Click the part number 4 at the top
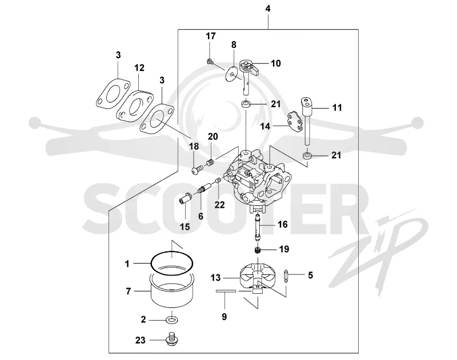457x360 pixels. pyautogui.click(x=268, y=9)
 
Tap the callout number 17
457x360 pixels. pyautogui.click(x=211, y=36)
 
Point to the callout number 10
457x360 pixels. pyautogui.click(x=276, y=63)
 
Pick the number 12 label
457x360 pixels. pyautogui.click(x=139, y=68)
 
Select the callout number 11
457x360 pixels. pyautogui.click(x=337, y=108)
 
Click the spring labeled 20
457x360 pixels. pyautogui.click(x=211, y=163)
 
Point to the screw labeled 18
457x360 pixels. pyautogui.click(x=197, y=169)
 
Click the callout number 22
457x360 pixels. pyautogui.click(x=220, y=205)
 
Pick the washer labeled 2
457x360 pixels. pyautogui.click(x=172, y=320)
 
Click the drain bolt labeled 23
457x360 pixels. pyautogui.click(x=172, y=339)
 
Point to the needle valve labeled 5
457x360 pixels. pyautogui.click(x=286, y=276)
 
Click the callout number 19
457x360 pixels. pyautogui.click(x=284, y=249)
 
